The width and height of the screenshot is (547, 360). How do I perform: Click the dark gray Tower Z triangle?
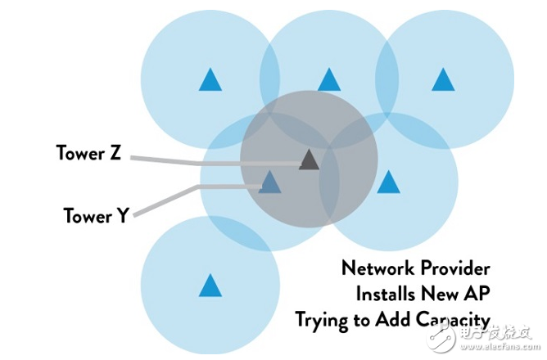click(x=309, y=160)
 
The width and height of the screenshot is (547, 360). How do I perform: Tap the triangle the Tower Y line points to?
click(x=269, y=182)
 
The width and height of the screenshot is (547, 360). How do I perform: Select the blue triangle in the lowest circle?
click(x=210, y=286)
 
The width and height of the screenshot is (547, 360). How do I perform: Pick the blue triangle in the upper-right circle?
click(x=443, y=79)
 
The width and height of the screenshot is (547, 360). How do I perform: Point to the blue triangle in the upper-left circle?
click(x=210, y=79)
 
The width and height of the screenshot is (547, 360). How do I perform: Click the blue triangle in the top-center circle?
click(x=329, y=79)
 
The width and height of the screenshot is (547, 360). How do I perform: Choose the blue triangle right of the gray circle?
click(x=389, y=182)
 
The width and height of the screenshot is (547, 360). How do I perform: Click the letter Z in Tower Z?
click(x=115, y=153)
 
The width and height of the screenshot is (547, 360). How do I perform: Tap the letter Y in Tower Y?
click(x=123, y=215)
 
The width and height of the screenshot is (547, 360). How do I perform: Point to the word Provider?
click(x=455, y=268)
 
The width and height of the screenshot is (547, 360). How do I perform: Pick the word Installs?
click(x=387, y=294)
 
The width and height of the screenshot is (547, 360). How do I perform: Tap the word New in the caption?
click(x=439, y=294)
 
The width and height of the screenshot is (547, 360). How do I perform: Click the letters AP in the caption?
click(x=477, y=294)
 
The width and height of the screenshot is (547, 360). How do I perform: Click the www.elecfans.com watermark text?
click(x=500, y=347)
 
